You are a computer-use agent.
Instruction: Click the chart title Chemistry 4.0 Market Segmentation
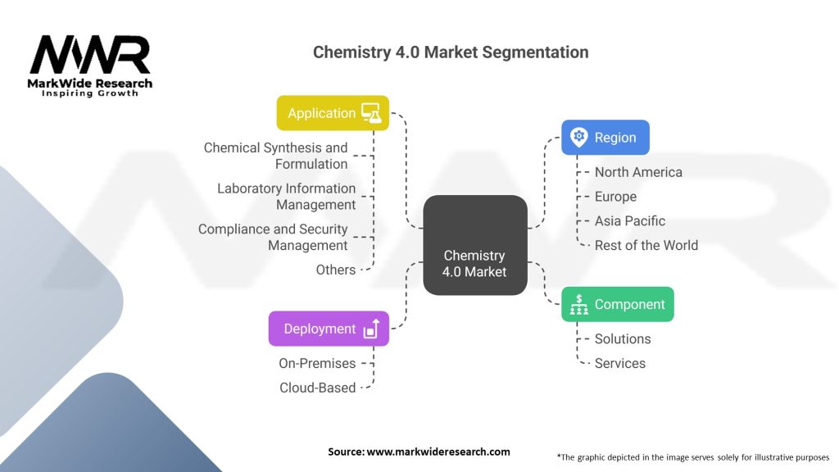pos(451,52)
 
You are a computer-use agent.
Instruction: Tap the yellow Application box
pos(333,113)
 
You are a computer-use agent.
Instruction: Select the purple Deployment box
pos(329,329)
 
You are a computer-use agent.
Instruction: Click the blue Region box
pos(605,138)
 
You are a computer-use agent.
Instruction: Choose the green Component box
pos(617,304)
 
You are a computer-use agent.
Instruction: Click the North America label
pos(638,172)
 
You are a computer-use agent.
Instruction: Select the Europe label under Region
pos(615,197)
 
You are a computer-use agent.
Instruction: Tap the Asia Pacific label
pos(630,220)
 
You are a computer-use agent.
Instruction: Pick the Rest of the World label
pos(646,245)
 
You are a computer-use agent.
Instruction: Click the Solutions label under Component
pos(623,338)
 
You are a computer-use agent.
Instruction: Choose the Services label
pos(620,363)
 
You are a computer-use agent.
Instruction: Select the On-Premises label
pos(317,363)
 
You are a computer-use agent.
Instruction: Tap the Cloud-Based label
pos(318,388)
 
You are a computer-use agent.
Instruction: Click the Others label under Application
pos(336,270)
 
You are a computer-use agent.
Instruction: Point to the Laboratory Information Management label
pos(287,197)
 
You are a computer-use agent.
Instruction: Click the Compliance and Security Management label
pos(274,238)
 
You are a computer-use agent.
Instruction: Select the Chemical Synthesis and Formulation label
pos(276,156)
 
